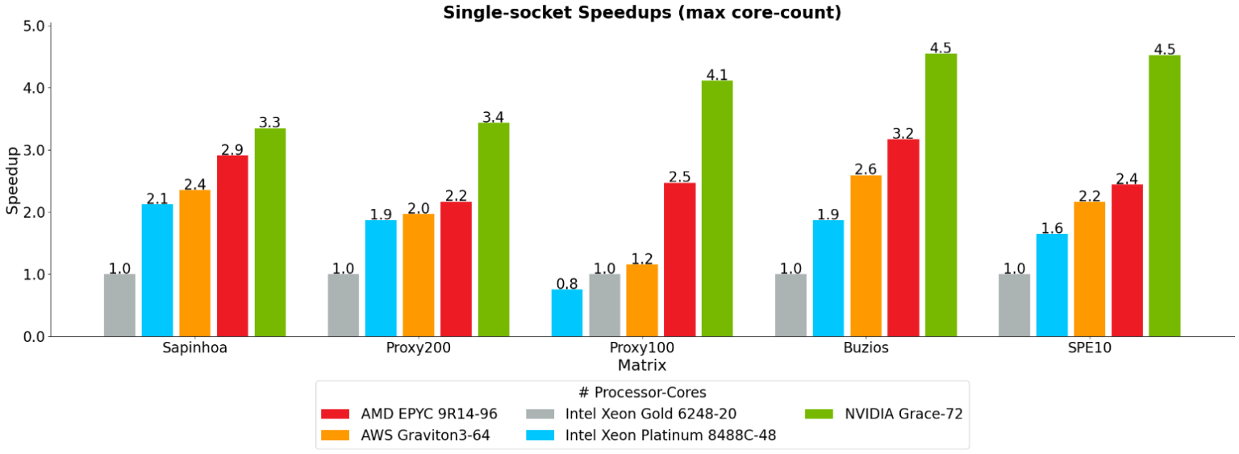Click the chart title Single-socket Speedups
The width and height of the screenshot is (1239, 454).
(642, 12)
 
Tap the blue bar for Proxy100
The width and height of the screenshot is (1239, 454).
(566, 313)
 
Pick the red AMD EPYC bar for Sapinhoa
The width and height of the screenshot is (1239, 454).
(232, 246)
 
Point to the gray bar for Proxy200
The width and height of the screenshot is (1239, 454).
(344, 305)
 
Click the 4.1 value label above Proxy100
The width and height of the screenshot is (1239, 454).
(716, 75)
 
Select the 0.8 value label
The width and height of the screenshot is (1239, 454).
(566, 284)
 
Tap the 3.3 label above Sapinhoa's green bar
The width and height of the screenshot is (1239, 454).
(269, 123)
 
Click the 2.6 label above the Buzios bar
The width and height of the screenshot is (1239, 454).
(866, 169)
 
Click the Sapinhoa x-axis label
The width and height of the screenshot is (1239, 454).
(194, 348)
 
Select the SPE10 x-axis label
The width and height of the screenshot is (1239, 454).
(1089, 348)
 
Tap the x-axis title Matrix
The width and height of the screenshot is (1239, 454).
(642, 365)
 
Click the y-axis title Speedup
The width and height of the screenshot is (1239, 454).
(12, 180)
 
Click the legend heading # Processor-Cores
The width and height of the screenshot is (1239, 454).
(642, 393)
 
